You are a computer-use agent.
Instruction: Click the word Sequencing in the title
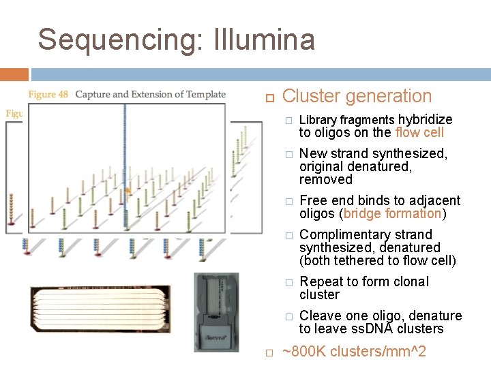point(117,40)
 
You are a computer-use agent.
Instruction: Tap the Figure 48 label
point(48,94)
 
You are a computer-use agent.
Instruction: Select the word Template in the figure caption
point(205,94)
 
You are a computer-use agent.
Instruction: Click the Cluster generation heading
point(357,97)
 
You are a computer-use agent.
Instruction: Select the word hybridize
point(425,119)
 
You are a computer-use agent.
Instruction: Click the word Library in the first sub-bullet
point(318,120)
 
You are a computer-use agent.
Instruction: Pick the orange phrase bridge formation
point(393,213)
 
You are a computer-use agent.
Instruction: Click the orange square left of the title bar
point(14,74)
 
